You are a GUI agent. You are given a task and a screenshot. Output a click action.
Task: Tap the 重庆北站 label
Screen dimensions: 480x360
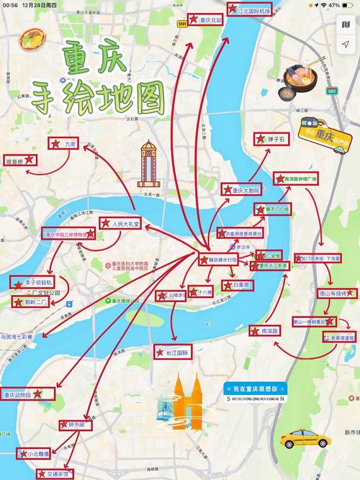205,20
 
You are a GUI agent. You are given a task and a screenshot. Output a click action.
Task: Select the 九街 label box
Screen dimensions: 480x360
64,144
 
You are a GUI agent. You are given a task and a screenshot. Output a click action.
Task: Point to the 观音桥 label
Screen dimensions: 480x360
19,160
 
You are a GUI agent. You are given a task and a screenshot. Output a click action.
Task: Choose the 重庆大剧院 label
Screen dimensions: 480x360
240,190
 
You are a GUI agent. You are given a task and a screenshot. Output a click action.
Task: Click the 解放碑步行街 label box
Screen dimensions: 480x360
217,259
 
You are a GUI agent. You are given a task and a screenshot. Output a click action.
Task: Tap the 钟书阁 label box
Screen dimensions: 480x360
73,425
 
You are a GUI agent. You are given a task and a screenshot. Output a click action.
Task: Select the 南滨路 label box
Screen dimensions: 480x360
264,331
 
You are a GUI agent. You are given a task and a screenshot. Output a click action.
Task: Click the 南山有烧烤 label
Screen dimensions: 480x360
333,294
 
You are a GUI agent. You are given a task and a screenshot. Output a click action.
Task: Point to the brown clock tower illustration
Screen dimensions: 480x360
148,162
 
